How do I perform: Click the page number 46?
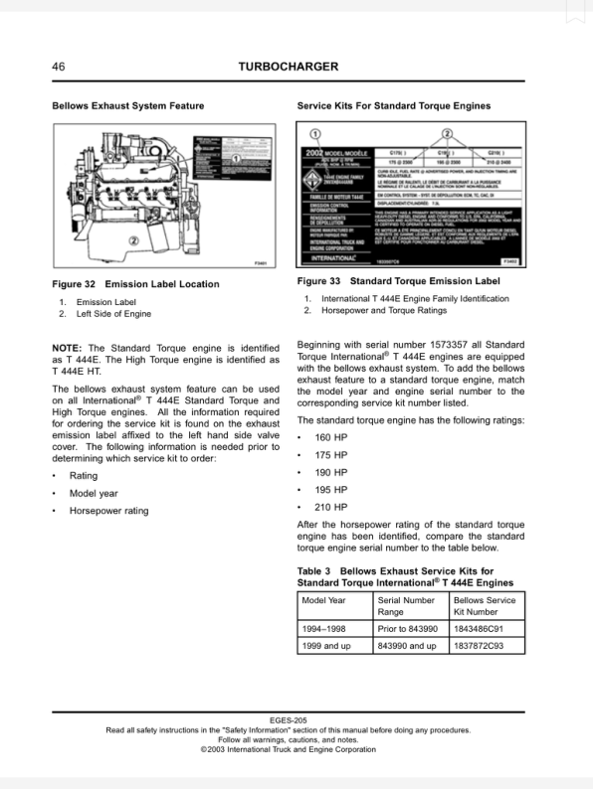pos(59,67)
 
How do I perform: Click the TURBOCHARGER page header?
pos(289,67)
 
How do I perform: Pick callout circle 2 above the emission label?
pos(448,134)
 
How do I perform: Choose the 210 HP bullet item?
pos(330,508)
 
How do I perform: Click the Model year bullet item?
pos(94,493)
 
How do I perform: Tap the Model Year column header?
pos(324,601)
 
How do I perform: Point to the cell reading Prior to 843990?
pos(408,628)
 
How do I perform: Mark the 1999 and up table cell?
pos(326,646)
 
